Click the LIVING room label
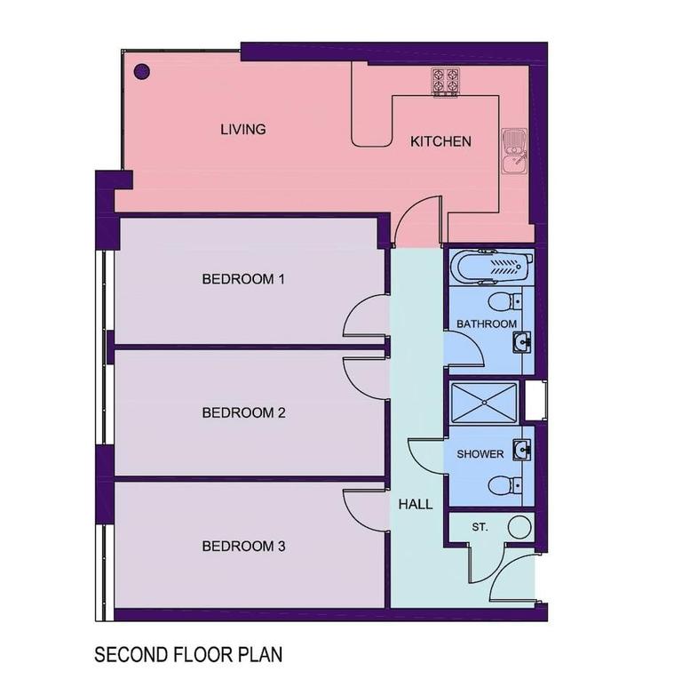(242, 130)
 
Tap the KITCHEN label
(440, 142)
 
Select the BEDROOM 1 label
(243, 279)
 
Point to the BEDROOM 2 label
(243, 412)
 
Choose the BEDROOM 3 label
(243, 546)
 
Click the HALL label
(416, 504)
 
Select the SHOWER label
(480, 454)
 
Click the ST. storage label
(480, 527)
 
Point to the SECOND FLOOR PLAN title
(188, 655)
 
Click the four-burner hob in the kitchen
(446, 82)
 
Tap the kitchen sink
(514, 152)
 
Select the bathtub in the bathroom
(490, 266)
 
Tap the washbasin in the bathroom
(523, 339)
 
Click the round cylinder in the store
(519, 527)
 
